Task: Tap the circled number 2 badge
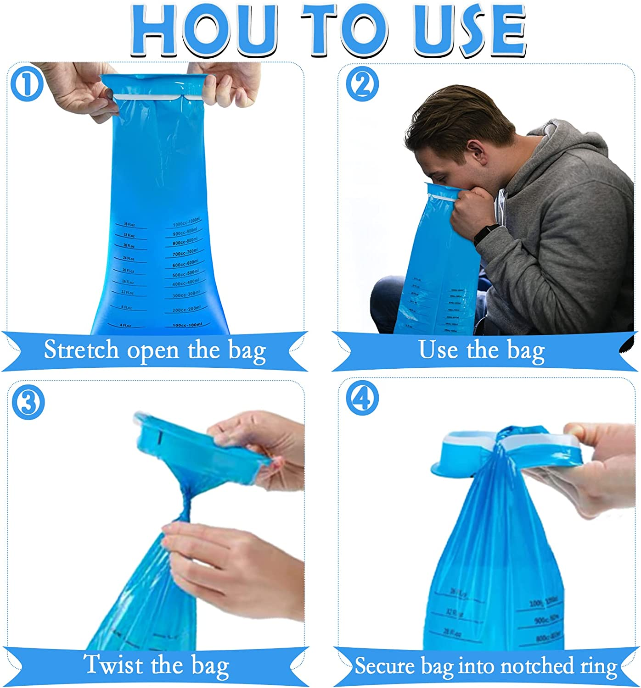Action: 362,84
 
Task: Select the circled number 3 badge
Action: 28,403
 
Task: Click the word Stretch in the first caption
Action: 81,350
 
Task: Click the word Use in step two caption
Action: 439,350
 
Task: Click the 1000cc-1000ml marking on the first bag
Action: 186,222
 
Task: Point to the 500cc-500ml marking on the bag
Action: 185,274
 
